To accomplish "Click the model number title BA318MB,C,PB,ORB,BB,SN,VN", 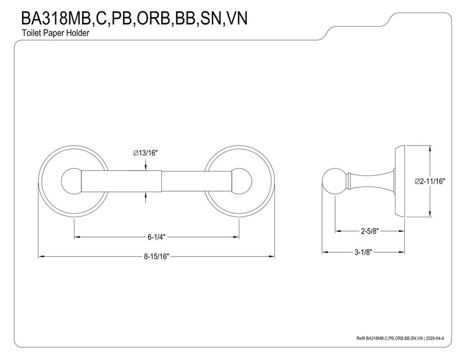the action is coord(134,18).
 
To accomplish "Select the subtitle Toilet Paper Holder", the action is coord(55,33).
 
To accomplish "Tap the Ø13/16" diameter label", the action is coord(145,153).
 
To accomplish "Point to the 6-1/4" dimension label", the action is coord(157,237).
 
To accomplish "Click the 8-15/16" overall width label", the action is coord(157,256).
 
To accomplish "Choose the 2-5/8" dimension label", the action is coord(370,231).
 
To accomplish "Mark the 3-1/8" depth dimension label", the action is coord(363,252).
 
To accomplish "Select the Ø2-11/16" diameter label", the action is coord(430,181).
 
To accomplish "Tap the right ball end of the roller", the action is coord(241,181).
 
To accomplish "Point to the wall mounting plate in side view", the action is coord(400,181).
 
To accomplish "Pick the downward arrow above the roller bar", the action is coord(146,165).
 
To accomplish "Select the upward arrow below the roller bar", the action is coord(146,197).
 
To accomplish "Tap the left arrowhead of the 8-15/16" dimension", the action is coord(41,256).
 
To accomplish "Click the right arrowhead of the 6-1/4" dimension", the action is coord(236,237).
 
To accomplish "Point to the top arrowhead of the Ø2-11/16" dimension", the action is coord(430,149).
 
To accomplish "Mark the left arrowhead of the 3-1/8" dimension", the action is coord(326,252).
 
